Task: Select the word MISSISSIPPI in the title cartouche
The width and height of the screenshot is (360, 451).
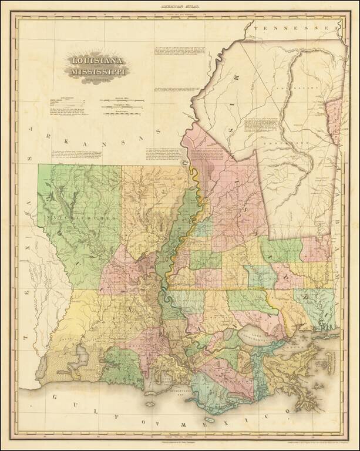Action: pyautogui.click(x=98, y=72)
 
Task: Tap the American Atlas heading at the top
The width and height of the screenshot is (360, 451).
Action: pyautogui.click(x=180, y=5)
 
